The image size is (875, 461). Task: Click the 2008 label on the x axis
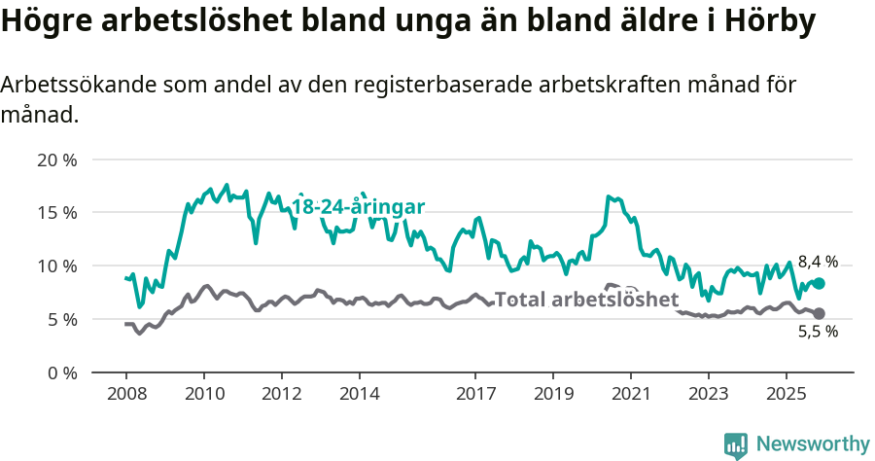126,394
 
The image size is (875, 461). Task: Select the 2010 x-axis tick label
204,394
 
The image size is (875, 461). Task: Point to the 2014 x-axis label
360,394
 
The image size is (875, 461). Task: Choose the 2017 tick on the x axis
475,394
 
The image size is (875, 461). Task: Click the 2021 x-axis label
631,394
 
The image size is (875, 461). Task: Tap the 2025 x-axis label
786,394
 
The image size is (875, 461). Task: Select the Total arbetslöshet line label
586,300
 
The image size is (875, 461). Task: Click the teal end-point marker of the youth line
819,283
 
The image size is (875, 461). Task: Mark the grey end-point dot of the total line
819,313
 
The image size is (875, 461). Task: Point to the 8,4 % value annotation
818,262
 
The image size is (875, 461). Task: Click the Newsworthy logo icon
736,444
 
